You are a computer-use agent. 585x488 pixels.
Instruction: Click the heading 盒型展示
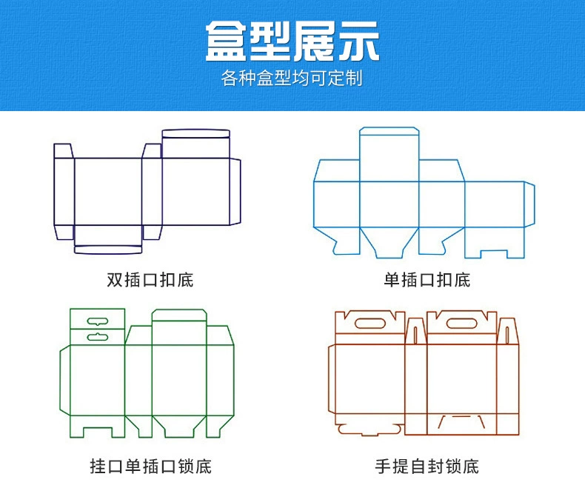(292, 41)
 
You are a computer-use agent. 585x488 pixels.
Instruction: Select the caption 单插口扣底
(427, 280)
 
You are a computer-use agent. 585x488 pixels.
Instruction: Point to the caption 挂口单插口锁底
(150, 467)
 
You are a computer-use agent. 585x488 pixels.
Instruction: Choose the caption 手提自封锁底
(427, 467)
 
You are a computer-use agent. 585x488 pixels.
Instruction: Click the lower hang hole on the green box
(97, 337)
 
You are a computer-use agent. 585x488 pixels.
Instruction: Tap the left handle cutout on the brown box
(370, 323)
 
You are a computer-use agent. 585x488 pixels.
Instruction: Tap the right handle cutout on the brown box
(461, 323)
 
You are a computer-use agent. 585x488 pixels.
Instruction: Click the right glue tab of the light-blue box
(529, 204)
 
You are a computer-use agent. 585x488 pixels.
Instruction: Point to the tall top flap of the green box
(178, 327)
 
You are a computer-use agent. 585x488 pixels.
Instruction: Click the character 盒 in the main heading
(226, 41)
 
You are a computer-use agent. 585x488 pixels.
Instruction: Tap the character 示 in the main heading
(358, 41)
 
